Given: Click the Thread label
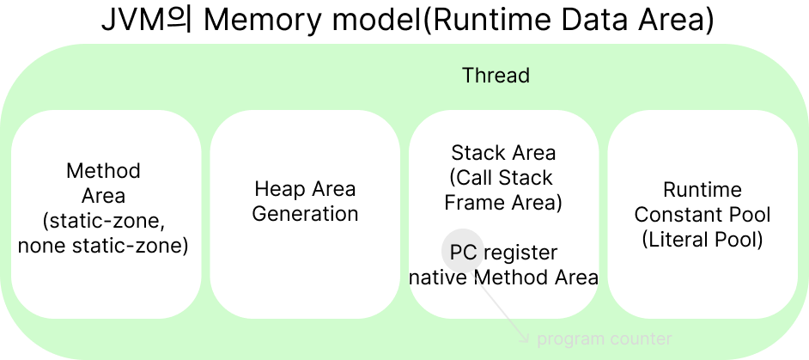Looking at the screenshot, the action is click(496, 76).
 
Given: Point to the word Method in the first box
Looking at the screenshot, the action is click(103, 171).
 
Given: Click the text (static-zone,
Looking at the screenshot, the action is click(103, 221).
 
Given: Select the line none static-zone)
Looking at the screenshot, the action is click(103, 246).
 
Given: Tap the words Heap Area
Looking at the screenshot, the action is click(305, 189).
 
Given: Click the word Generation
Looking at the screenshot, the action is click(305, 214).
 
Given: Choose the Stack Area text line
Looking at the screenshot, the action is click(503, 153).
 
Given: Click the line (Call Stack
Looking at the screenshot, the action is click(502, 178).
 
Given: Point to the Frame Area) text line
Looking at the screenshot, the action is click(503, 203).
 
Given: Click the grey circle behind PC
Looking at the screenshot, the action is click(463, 251).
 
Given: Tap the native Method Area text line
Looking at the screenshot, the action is click(503, 278).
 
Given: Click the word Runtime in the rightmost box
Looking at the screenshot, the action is click(703, 190).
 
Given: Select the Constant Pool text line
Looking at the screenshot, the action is click(703, 215).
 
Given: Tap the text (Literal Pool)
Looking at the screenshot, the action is click(703, 240).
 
